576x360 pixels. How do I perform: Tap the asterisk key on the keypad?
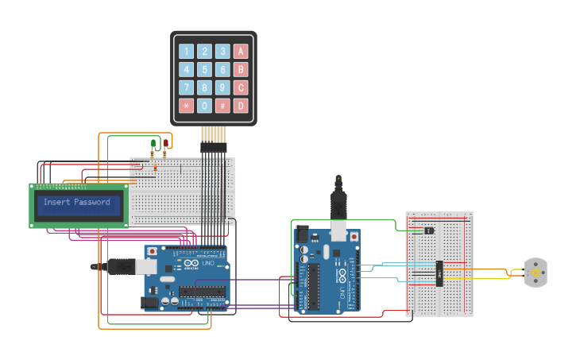click(187, 106)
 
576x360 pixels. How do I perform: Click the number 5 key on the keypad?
click(205, 69)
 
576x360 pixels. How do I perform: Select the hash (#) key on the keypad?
click(223, 106)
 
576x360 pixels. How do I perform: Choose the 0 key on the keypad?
click(205, 106)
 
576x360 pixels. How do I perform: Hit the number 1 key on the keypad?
click(187, 51)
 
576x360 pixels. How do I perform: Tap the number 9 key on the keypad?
click(223, 87)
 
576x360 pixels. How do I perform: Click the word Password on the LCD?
click(93, 203)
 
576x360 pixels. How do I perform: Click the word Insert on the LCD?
click(56, 203)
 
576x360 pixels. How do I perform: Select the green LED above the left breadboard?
click(153, 143)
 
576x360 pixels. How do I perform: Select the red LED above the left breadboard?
click(166, 143)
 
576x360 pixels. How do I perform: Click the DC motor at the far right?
click(535, 273)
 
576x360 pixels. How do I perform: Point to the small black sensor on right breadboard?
click(429, 230)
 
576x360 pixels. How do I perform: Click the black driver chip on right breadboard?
click(439, 272)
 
